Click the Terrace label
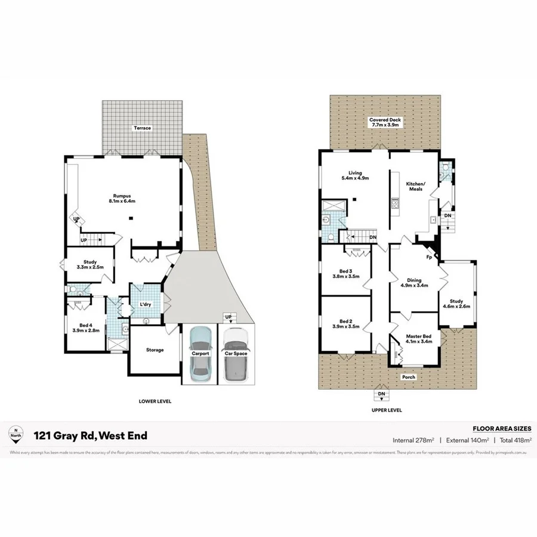click(142, 128)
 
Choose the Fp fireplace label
click(428, 257)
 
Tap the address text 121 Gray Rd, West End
click(90, 436)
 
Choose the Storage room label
click(154, 350)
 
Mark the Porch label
click(408, 377)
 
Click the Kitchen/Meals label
click(415, 186)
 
